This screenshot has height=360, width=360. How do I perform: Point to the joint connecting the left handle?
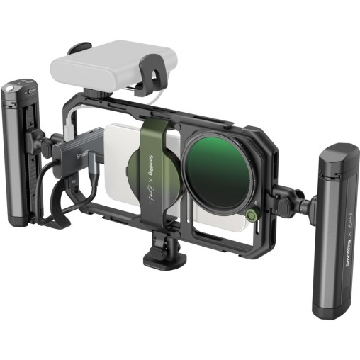click(48, 145)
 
